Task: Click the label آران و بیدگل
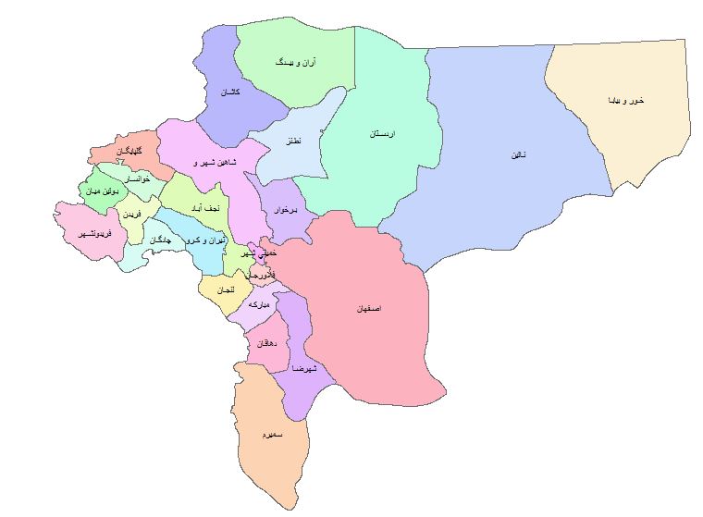click(x=296, y=62)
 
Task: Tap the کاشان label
click(x=230, y=93)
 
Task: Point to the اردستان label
click(x=383, y=134)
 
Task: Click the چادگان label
click(x=160, y=240)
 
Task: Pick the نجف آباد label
click(x=198, y=210)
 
